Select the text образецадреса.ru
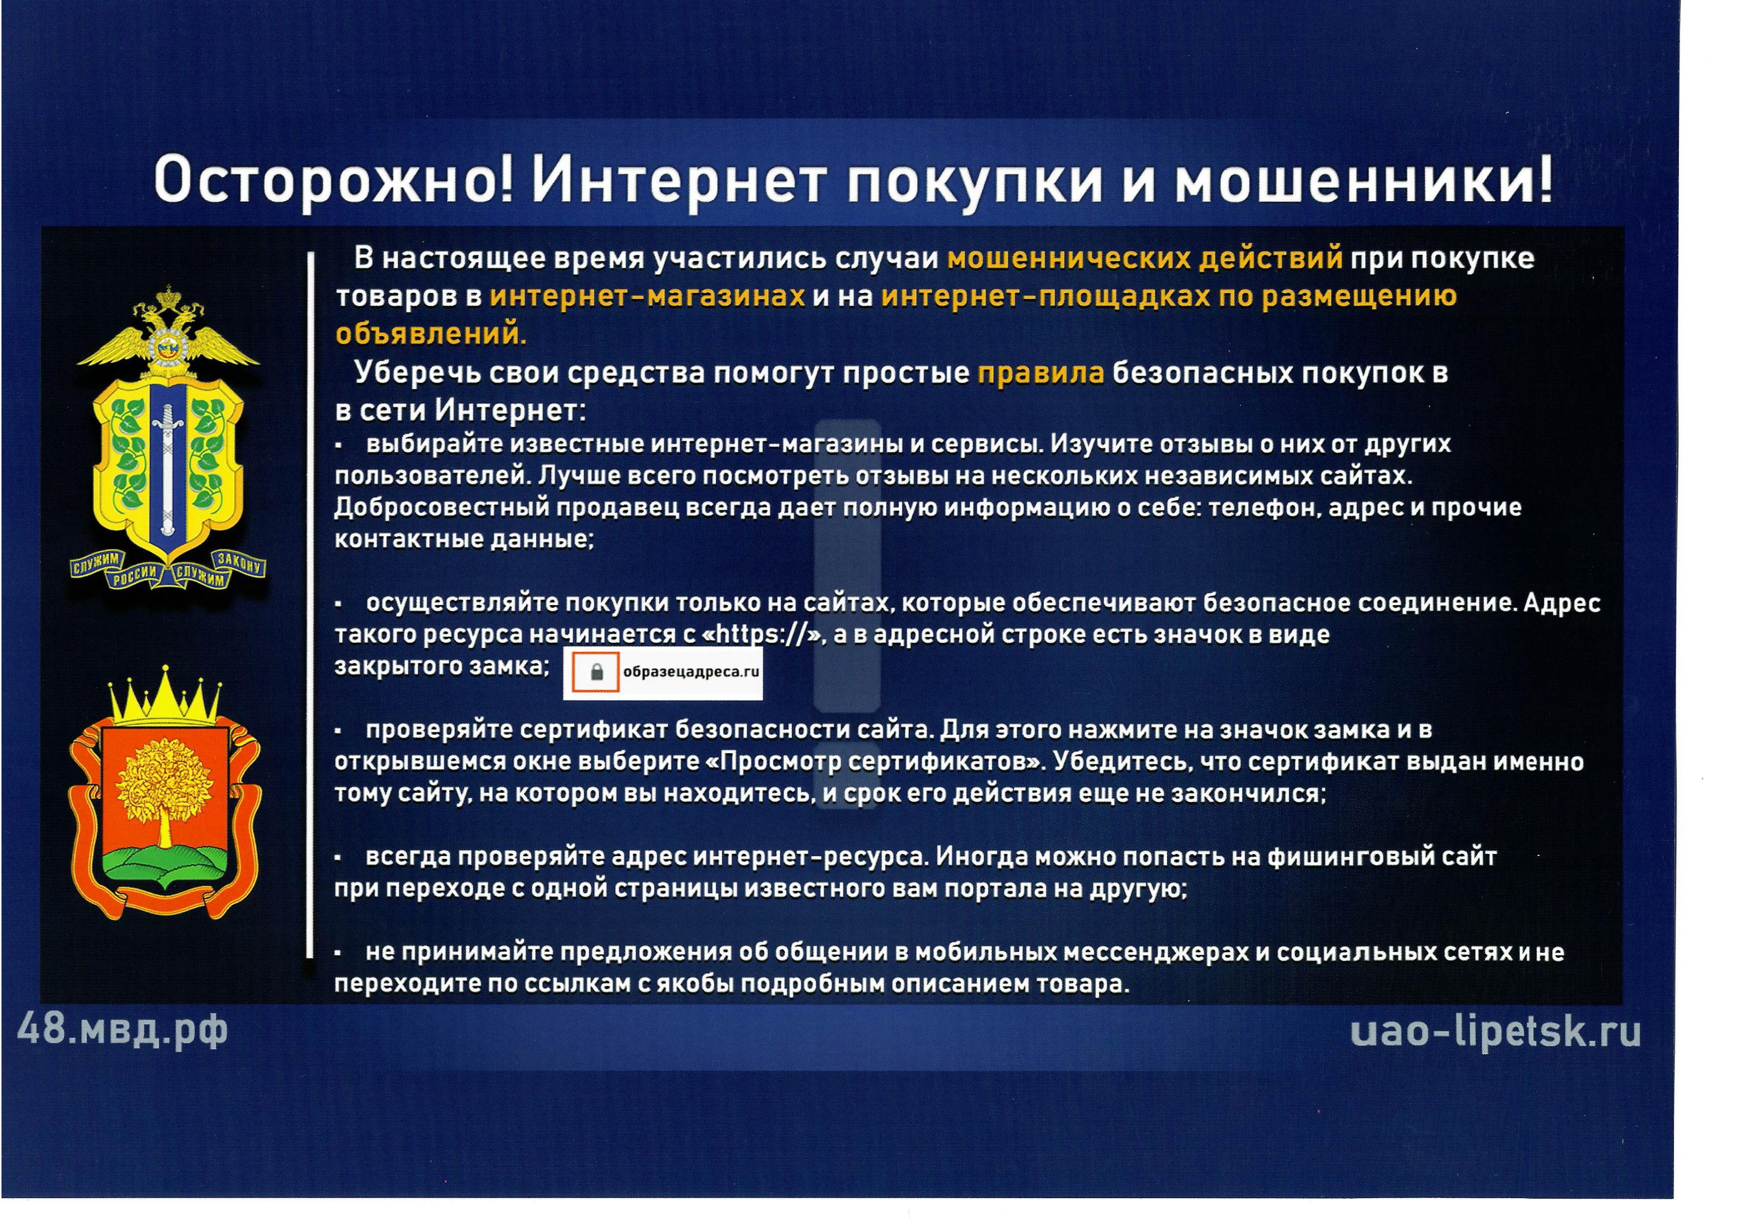[691, 671]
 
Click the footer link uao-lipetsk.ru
[1496, 1032]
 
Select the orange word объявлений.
[431, 334]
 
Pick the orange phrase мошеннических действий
[1145, 259]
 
